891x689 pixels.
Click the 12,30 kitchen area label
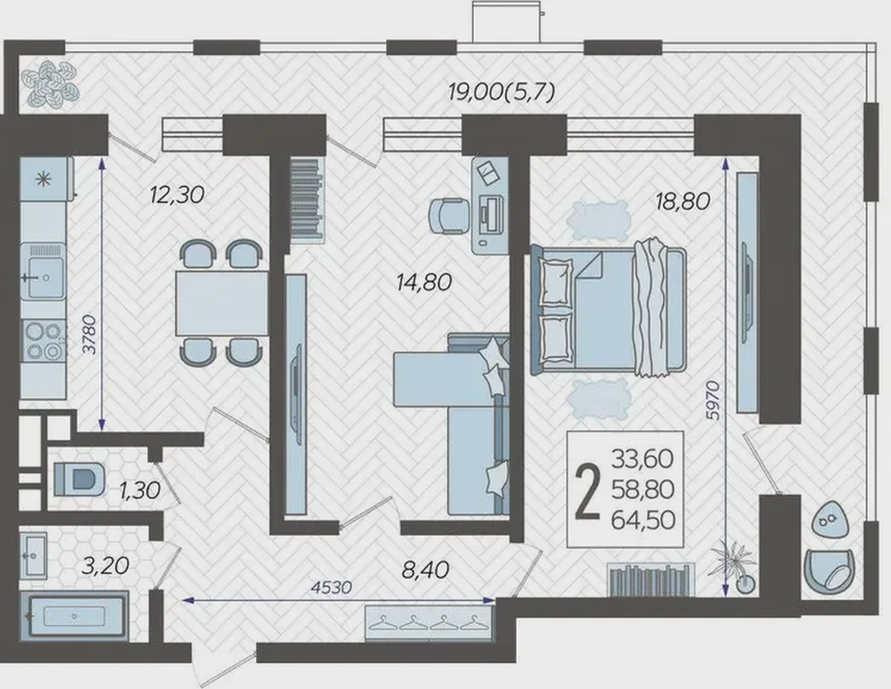[177, 195]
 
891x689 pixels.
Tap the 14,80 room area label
[424, 283]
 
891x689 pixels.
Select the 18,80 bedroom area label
[683, 201]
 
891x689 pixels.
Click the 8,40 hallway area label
[425, 570]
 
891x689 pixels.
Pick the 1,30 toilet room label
[140, 490]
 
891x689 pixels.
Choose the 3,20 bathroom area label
[105, 565]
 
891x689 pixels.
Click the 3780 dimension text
[90, 335]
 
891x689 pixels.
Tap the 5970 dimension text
[712, 401]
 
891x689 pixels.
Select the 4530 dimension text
[332, 587]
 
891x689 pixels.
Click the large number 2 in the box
[588, 491]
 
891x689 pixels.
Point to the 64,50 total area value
[643, 520]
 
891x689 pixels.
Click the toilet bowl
[79, 478]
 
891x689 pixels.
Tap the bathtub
[73, 616]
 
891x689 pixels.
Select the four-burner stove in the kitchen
[43, 340]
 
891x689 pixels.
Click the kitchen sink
[43, 271]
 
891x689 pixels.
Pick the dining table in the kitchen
[221, 303]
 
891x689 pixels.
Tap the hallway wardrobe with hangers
[429, 623]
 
